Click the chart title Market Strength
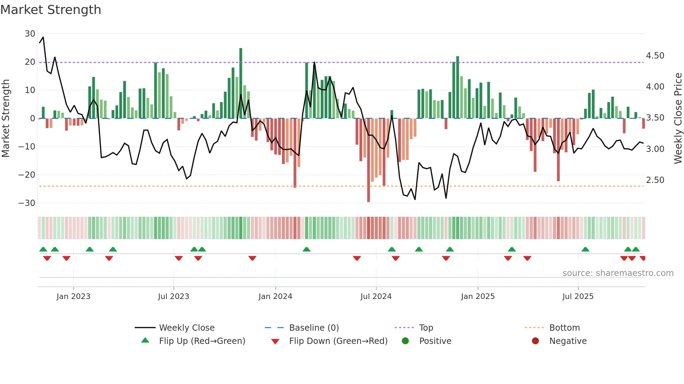coord(51,10)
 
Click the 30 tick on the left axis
coord(30,34)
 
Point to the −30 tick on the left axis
coord(27,203)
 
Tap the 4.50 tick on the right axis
coord(655,56)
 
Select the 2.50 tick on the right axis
coord(655,180)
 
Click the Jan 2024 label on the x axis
coord(275,297)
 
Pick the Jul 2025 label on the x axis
coord(578,297)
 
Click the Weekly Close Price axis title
coord(678,118)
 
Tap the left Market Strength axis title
coord(6,118)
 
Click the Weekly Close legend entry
coord(187,328)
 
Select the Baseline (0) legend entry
coord(314,328)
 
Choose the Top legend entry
coord(426,328)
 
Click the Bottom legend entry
coord(564,328)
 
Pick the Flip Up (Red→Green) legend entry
coord(202,341)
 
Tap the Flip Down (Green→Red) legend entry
coord(338,341)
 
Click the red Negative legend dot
coord(535,341)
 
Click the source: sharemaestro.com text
coord(618,273)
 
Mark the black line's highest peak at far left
coord(43,37)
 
